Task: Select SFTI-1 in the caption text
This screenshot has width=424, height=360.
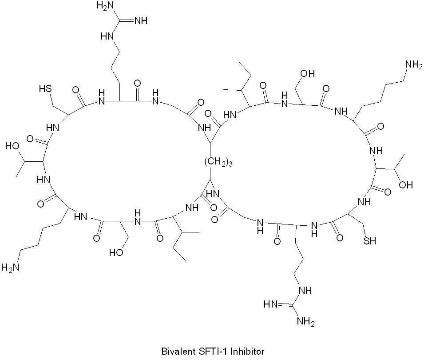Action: pyautogui.click(x=215, y=352)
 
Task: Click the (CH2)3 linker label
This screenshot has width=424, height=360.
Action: pyautogui.click(x=218, y=162)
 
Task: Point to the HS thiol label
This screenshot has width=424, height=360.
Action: pyautogui.click(x=45, y=88)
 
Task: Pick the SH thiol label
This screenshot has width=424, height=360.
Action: pyautogui.click(x=369, y=240)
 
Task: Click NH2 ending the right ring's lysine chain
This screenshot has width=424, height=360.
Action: pyautogui.click(x=413, y=65)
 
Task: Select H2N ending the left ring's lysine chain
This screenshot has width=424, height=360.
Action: pyautogui.click(x=10, y=268)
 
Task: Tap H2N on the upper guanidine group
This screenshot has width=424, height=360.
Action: pyautogui.click(x=106, y=6)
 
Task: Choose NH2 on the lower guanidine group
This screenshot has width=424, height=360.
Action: pyautogui.click(x=306, y=322)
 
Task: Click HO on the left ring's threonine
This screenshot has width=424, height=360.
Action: pyautogui.click(x=12, y=146)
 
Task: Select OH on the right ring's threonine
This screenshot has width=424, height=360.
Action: pyautogui.click(x=406, y=185)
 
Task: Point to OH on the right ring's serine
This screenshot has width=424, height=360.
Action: pyautogui.click(x=308, y=73)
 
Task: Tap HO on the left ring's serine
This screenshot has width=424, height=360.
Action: pyautogui.click(x=116, y=252)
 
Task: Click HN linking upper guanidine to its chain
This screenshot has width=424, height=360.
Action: pyautogui.click(x=107, y=36)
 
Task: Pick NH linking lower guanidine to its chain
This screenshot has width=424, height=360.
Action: pyautogui.click(x=305, y=290)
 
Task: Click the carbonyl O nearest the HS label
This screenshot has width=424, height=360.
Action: pyautogui.click(x=76, y=90)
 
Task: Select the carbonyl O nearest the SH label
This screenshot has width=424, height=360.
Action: pyautogui.click(x=339, y=238)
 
